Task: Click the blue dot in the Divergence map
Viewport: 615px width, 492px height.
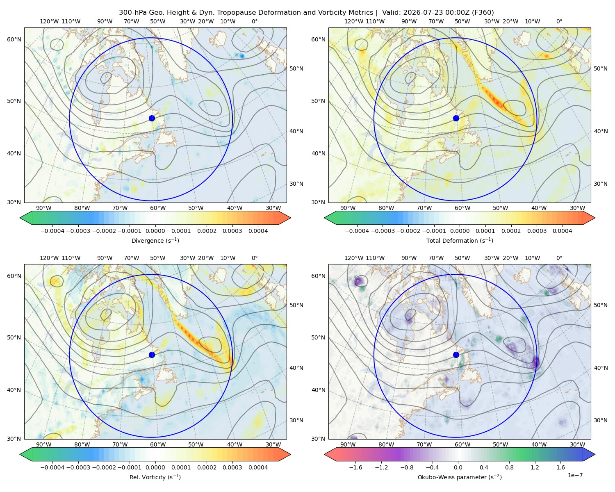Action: (x=152, y=118)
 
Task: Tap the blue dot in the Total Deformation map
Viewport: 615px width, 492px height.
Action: (x=456, y=118)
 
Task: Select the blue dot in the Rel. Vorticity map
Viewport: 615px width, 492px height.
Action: (x=152, y=355)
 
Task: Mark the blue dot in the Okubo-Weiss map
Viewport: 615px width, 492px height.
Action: (x=456, y=355)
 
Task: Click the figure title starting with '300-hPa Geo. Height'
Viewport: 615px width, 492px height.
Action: (x=306, y=13)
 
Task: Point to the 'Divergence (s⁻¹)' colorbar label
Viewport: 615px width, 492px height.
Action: (x=155, y=240)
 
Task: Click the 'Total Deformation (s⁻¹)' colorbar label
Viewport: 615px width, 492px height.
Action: (x=460, y=240)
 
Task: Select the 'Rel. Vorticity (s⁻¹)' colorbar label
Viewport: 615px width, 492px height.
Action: (x=155, y=477)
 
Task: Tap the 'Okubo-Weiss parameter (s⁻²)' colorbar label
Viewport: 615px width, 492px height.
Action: (x=460, y=477)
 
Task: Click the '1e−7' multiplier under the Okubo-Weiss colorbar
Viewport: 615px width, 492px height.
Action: (x=575, y=475)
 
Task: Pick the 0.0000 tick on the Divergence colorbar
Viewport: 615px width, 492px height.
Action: (x=155, y=231)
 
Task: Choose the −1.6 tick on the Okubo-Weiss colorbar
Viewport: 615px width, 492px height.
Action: (x=355, y=467)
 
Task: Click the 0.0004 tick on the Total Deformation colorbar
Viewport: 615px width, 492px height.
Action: (x=563, y=231)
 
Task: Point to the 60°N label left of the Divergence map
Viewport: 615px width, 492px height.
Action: (x=14, y=39)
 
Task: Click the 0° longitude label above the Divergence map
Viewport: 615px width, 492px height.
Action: (x=255, y=21)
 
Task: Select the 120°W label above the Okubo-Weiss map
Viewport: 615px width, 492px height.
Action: (x=353, y=258)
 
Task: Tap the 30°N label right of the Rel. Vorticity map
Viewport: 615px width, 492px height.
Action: (x=296, y=420)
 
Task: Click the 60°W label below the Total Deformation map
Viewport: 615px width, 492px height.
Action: (x=462, y=208)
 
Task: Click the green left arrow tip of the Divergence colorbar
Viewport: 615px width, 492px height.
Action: (x=20, y=218)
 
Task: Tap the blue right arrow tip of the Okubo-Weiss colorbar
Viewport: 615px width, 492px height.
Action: (x=595, y=454)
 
